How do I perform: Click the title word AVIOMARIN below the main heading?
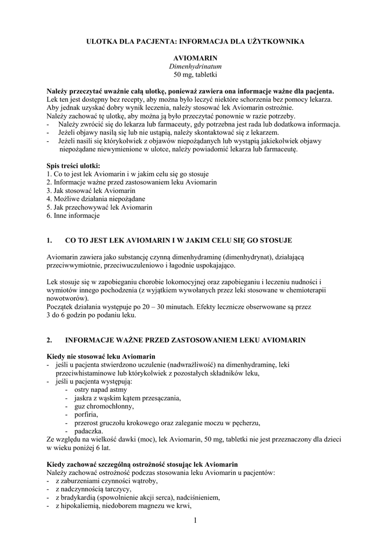[195, 57]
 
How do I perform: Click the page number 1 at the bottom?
[195, 520]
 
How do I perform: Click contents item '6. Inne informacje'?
[73, 216]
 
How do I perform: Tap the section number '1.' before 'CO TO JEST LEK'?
[50, 240]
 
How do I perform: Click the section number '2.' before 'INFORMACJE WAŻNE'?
[50, 340]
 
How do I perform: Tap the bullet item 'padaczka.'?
[88, 431]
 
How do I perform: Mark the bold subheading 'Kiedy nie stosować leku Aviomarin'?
[101, 357]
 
